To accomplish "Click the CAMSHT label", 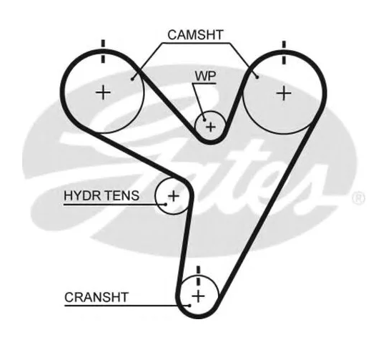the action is click(195, 35).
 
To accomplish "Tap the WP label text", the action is click(205, 76).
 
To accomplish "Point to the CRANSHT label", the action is click(96, 297).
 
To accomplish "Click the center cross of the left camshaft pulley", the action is click(103, 93).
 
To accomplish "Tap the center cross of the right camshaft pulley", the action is click(284, 94).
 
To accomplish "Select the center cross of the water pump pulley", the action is click(211, 127).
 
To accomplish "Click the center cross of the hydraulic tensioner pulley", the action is click(174, 195).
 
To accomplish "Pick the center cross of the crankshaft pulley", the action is click(199, 296).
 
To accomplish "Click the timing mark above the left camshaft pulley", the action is click(103, 52).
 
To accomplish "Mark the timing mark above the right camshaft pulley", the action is click(284, 53).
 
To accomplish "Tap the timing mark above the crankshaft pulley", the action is click(199, 276).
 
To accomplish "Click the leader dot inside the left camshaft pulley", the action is click(132, 79).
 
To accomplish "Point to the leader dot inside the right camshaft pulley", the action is click(257, 77).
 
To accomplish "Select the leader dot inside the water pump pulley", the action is click(204, 120).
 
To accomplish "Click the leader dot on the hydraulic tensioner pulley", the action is click(166, 205).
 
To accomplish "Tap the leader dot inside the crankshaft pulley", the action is click(189, 306).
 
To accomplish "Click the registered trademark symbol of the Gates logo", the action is click(359, 198).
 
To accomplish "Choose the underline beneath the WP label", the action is click(204, 84).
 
